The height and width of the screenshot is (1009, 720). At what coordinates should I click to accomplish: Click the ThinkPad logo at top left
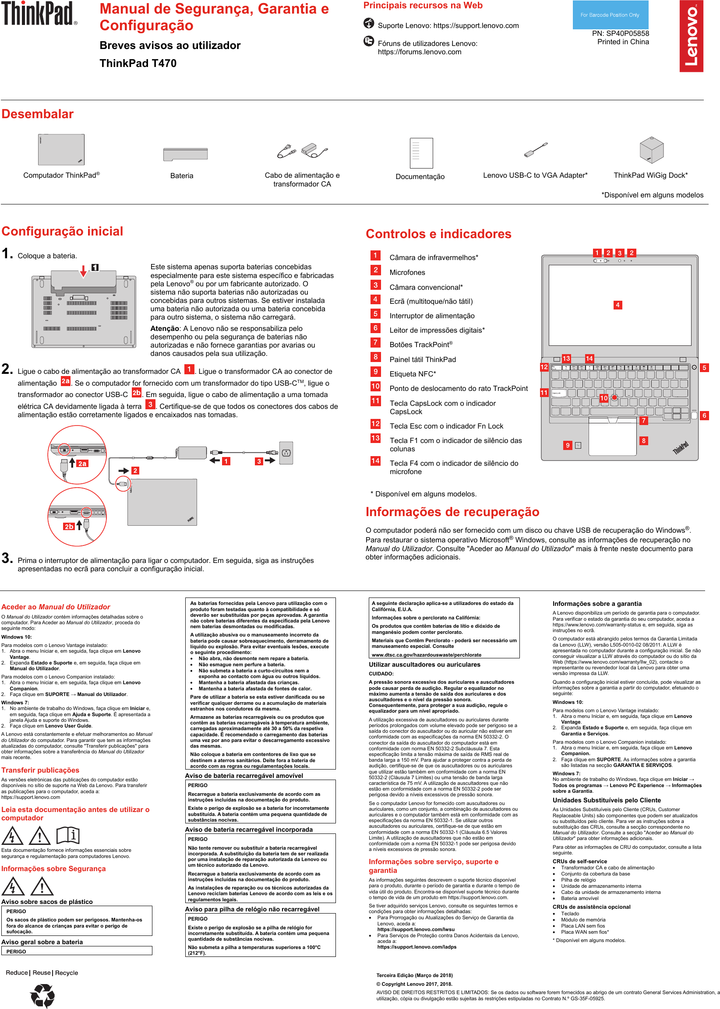pyautogui.click(x=39, y=14)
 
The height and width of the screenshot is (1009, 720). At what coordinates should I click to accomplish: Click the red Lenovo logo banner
pyautogui.click(x=691, y=36)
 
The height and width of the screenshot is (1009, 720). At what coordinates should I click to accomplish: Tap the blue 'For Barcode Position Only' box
pyautogui.click(x=610, y=15)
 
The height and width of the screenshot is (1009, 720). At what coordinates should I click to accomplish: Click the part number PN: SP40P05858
pyautogui.click(x=620, y=34)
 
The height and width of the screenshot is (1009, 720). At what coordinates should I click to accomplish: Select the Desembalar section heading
pyautogui.click(x=38, y=114)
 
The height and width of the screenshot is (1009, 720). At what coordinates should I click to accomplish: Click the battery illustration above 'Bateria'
pyautogui.click(x=185, y=154)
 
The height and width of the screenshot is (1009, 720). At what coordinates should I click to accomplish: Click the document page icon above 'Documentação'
pyautogui.click(x=421, y=153)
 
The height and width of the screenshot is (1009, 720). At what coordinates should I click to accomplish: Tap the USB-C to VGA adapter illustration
pyautogui.click(x=536, y=150)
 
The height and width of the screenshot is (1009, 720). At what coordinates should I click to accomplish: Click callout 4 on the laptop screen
pyautogui.click(x=617, y=305)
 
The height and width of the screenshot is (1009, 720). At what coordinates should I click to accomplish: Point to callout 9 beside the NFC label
pyautogui.click(x=567, y=445)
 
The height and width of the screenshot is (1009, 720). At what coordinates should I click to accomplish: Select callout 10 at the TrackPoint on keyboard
pyautogui.click(x=604, y=398)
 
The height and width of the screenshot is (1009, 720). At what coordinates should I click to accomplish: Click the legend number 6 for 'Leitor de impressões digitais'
pyautogui.click(x=375, y=328)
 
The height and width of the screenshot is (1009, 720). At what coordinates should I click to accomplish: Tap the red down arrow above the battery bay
pyautogui.click(x=83, y=271)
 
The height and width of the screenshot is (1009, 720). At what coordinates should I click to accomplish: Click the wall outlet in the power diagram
pyautogui.click(x=286, y=453)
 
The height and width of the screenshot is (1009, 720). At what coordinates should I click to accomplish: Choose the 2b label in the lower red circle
pyautogui.click(x=69, y=527)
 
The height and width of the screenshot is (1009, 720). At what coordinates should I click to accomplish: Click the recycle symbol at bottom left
pyautogui.click(x=42, y=995)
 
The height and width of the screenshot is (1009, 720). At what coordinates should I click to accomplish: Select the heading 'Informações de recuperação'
pyautogui.click(x=452, y=512)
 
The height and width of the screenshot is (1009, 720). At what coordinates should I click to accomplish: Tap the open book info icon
pyautogui.click(x=68, y=835)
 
